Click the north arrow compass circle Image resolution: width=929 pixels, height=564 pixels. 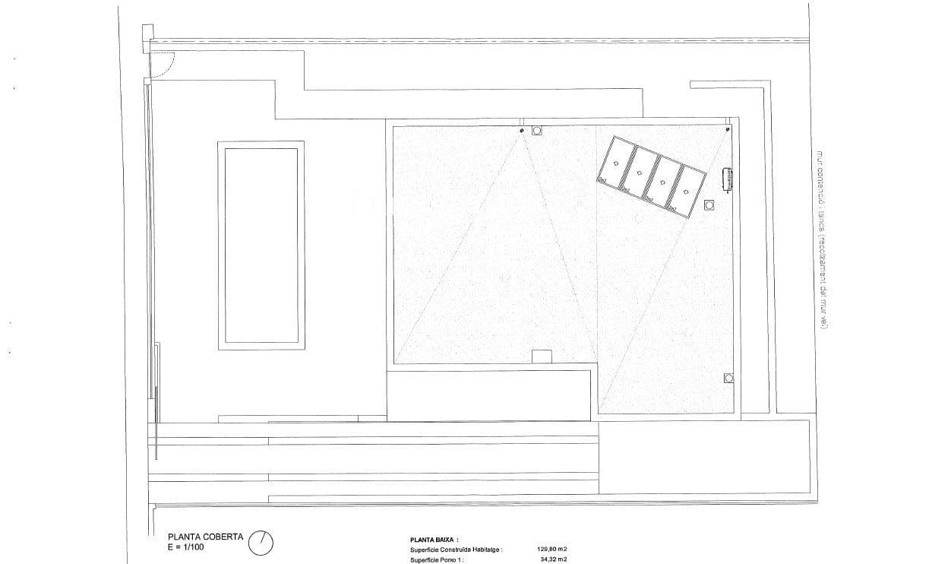(x=261, y=542)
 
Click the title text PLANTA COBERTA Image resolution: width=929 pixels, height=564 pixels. (x=194, y=536)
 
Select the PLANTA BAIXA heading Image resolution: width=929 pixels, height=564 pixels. (x=434, y=538)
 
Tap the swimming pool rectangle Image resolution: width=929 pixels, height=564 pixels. (x=261, y=245)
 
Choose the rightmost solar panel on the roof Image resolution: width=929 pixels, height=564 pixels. (x=689, y=192)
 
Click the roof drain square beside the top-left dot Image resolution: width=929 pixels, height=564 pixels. (x=537, y=130)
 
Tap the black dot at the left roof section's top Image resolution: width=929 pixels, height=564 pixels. (x=522, y=131)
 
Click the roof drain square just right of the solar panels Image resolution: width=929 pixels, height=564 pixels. (x=709, y=204)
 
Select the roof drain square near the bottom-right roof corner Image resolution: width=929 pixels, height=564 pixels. (x=728, y=378)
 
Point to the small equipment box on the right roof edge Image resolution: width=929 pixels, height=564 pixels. (x=727, y=179)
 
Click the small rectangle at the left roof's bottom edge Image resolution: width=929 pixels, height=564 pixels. (x=542, y=356)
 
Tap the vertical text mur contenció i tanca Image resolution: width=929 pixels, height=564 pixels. (x=820, y=239)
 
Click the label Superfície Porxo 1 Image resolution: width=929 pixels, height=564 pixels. (x=437, y=559)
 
